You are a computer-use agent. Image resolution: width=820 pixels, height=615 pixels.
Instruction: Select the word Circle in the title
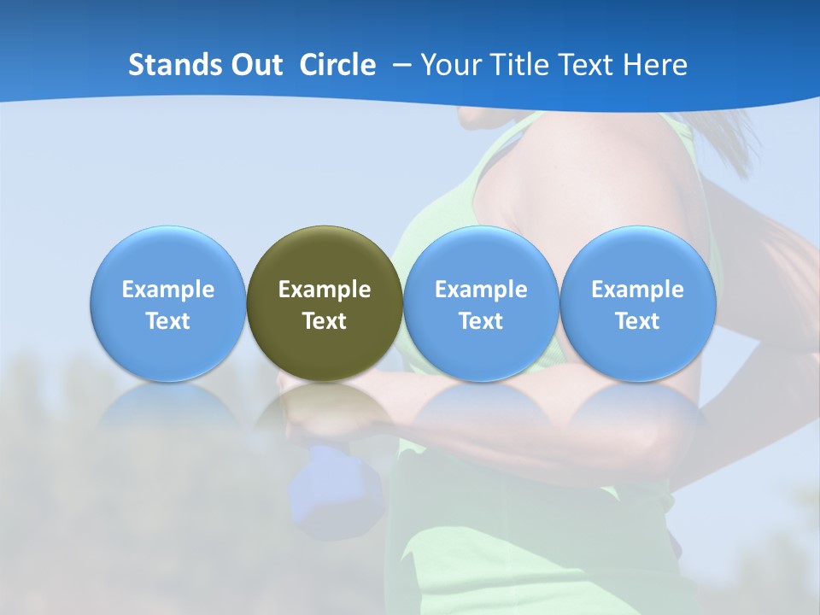[337, 65]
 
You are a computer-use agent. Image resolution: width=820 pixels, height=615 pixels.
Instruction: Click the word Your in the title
[448, 65]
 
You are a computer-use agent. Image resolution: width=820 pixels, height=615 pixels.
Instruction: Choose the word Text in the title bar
[577, 65]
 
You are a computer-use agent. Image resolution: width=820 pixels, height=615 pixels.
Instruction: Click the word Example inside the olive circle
[325, 290]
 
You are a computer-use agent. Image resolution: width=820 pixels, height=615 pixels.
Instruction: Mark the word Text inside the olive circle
[325, 321]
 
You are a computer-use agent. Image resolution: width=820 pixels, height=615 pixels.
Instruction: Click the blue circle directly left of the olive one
[168, 256]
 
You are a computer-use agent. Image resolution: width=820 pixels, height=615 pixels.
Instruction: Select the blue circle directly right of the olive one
[481, 256]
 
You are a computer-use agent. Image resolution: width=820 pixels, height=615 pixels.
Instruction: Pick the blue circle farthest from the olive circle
[638, 256]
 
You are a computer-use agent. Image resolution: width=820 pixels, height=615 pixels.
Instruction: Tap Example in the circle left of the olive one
[168, 290]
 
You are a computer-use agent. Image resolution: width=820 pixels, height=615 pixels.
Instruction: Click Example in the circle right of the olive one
[481, 290]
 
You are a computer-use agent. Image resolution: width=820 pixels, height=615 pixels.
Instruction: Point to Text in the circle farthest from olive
[638, 321]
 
